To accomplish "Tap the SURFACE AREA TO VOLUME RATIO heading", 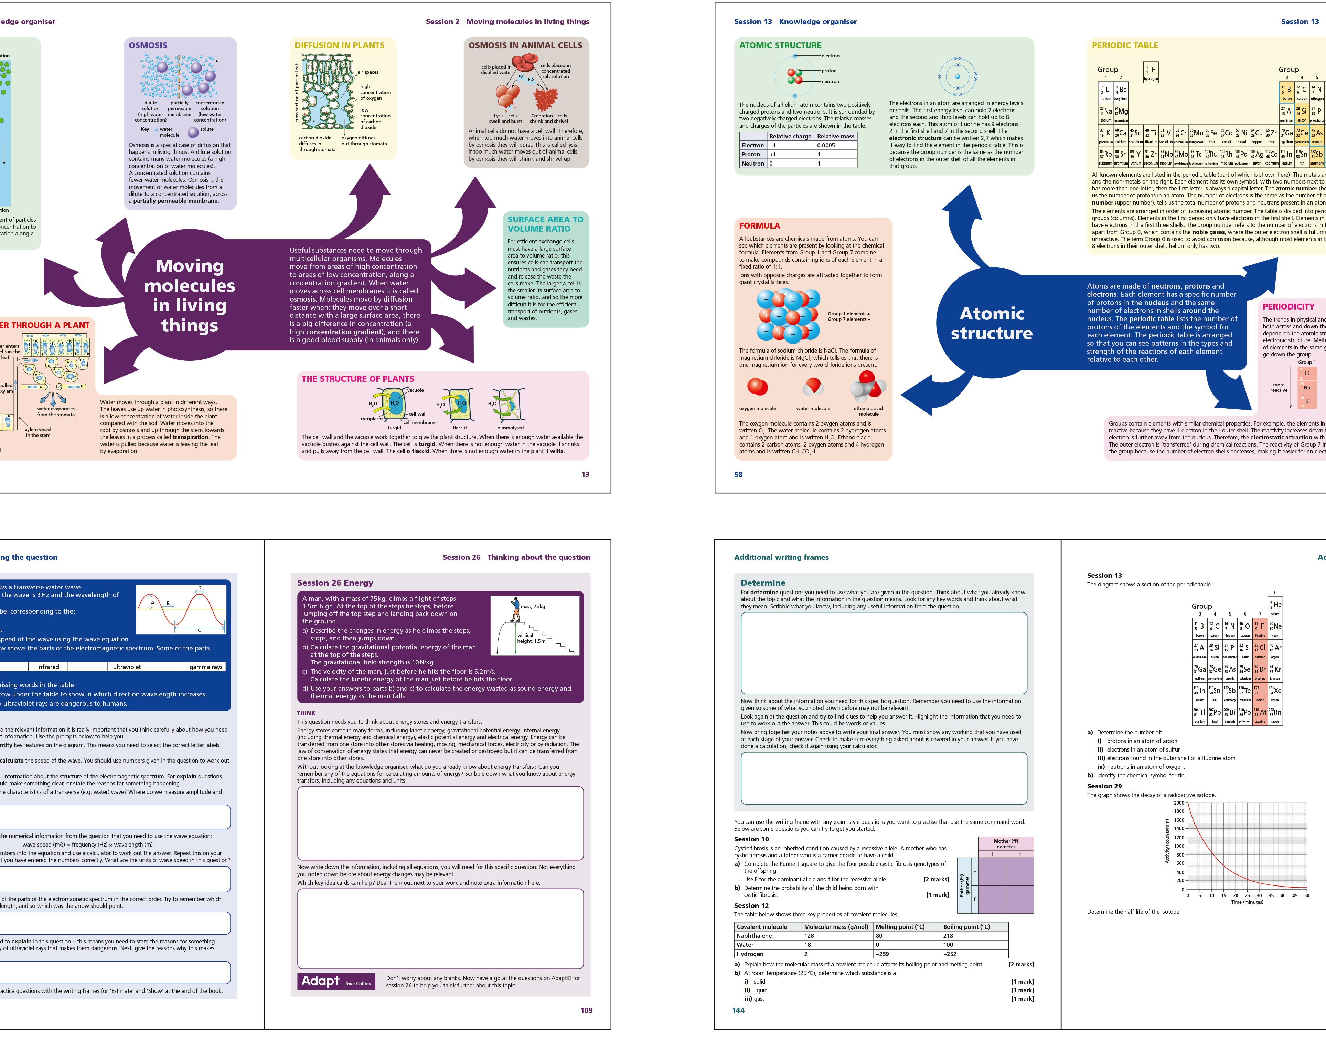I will pos(545,224).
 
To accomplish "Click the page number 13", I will pos(585,475).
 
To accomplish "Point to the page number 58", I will pos(738,475).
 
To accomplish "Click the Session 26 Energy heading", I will pos(335,583).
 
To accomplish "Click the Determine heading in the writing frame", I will pos(763,583).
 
